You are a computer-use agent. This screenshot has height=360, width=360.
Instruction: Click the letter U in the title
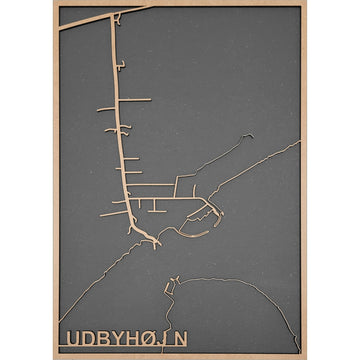(x=71, y=338)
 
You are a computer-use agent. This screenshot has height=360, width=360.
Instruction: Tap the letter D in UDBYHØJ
(x=84, y=338)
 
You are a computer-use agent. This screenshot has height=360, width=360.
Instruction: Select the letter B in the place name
(x=97, y=338)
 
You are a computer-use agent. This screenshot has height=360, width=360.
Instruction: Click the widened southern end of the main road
(x=148, y=237)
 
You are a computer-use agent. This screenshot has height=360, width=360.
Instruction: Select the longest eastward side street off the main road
(x=150, y=185)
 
